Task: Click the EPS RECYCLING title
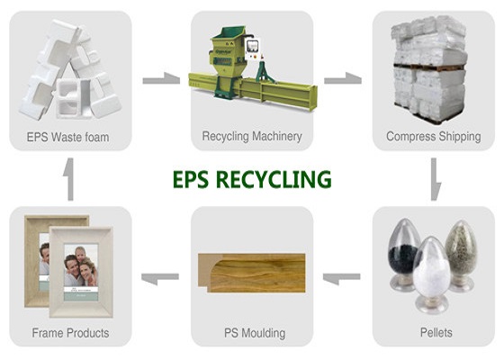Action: [x=252, y=179]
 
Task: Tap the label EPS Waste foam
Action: [x=67, y=137]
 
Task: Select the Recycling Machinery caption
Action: [x=252, y=136]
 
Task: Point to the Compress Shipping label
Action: [x=434, y=136]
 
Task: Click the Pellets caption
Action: [x=436, y=332]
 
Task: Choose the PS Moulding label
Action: [x=255, y=333]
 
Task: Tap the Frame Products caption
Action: [x=70, y=333]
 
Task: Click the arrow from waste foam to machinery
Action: [x=161, y=79]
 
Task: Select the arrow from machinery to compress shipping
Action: [x=343, y=79]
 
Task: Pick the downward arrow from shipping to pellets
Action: [x=435, y=179]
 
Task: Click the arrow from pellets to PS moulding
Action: [x=341, y=278]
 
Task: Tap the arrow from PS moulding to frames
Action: [x=160, y=278]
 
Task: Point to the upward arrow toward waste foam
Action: [x=69, y=179]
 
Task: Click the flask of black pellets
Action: [x=403, y=254]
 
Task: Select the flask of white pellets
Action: [x=431, y=274]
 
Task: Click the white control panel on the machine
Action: [x=252, y=49]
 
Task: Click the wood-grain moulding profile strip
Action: [x=251, y=273]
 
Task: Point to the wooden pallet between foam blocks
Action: [x=429, y=67]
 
